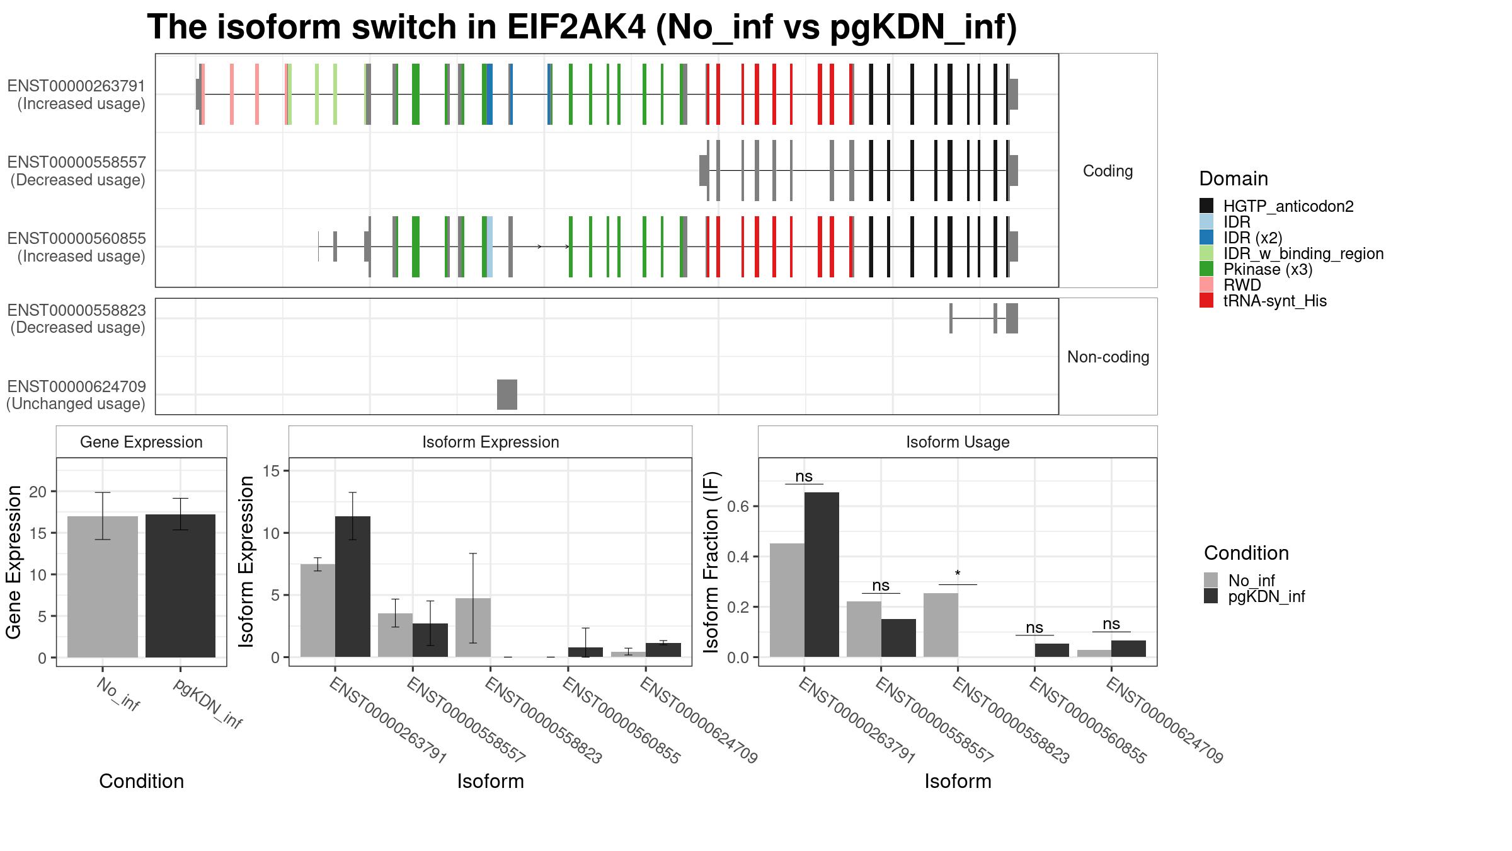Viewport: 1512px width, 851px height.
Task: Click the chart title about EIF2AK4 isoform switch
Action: pos(581,27)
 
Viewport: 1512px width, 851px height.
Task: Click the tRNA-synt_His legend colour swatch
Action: pos(1206,301)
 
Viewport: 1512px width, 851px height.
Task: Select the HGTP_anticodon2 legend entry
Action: pos(1288,206)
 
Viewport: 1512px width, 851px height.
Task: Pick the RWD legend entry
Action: pos(1242,285)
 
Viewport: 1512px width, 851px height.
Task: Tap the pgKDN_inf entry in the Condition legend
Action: pos(1266,596)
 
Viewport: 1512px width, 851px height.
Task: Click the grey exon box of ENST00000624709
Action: pos(507,395)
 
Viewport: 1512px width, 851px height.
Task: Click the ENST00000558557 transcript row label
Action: pos(77,171)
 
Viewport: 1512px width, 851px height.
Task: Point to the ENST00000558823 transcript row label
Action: pos(77,319)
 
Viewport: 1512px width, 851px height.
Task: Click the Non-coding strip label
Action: pos(1108,357)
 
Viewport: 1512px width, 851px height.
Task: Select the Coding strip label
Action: pos(1108,171)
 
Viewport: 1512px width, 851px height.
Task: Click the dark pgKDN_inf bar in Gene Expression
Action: pos(180,586)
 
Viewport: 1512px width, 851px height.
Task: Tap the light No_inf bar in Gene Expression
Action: pos(102,587)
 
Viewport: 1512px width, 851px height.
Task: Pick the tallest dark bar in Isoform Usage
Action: pos(822,574)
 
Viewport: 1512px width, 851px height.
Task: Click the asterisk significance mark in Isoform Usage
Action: pos(958,574)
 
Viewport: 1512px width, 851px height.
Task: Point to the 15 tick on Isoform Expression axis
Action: pos(270,471)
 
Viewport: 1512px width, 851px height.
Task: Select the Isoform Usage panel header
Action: pos(958,442)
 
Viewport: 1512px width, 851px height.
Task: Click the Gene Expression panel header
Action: pos(141,442)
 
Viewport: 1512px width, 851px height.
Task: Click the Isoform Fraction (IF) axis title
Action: pos(713,561)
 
